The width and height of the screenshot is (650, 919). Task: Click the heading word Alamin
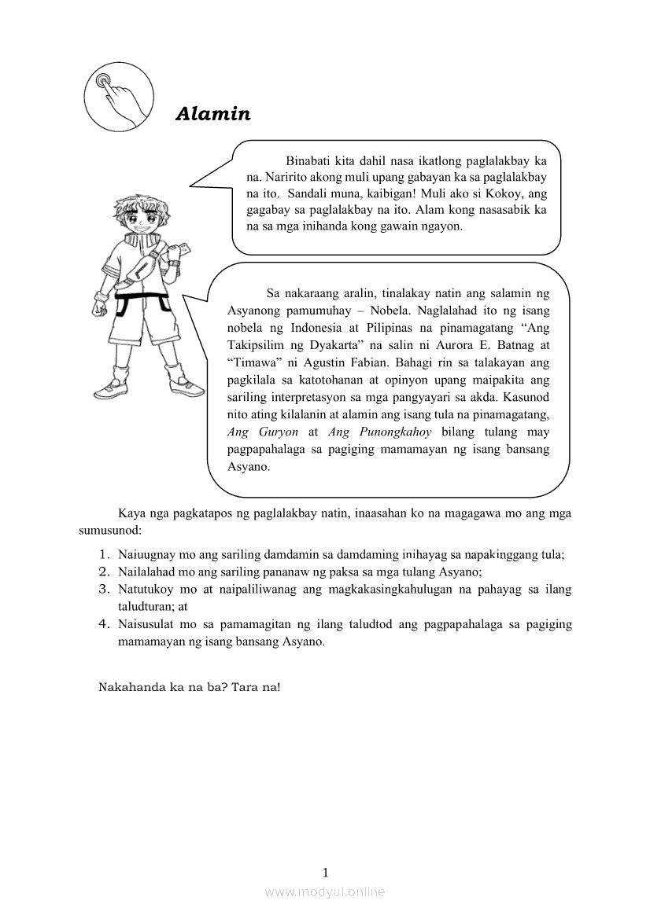click(212, 114)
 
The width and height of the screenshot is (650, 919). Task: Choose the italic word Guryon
click(275, 432)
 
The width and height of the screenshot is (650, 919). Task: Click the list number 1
click(103, 554)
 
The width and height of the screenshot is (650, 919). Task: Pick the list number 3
click(103, 589)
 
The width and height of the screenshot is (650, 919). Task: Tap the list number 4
click(103, 624)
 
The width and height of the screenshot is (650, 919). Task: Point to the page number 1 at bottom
click(325, 872)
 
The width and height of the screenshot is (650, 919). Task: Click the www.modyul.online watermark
click(325, 891)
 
